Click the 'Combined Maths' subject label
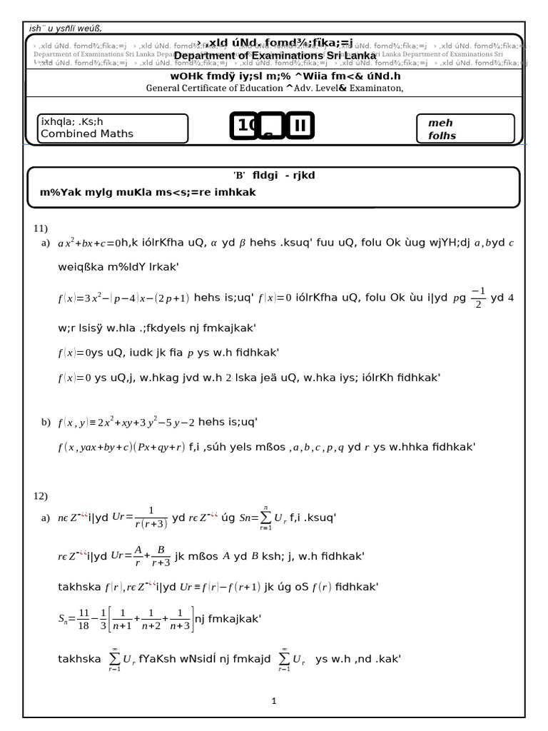tap(87, 133)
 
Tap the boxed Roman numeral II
tap(299, 126)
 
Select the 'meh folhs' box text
tap(442, 129)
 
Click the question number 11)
tap(40, 228)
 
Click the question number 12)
tap(40, 495)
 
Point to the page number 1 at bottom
tap(274, 701)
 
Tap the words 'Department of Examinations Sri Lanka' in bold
tap(275, 56)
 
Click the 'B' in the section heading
tap(238, 176)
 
